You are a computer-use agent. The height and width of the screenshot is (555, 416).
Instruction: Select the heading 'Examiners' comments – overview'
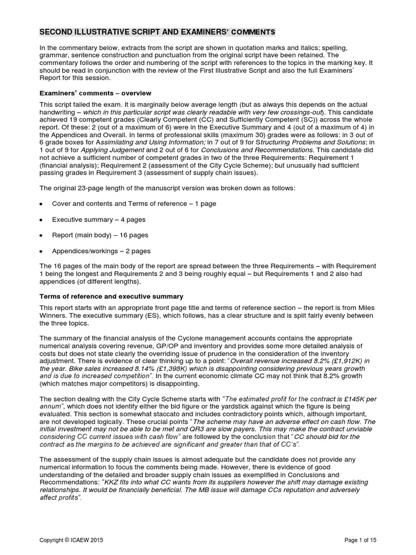click(96, 93)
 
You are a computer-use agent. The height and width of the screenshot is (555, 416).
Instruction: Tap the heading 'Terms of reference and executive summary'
click(112, 296)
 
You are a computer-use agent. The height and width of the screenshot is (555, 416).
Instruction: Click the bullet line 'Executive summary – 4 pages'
click(99, 220)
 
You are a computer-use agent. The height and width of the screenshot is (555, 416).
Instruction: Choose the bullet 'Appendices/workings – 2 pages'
click(101, 251)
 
